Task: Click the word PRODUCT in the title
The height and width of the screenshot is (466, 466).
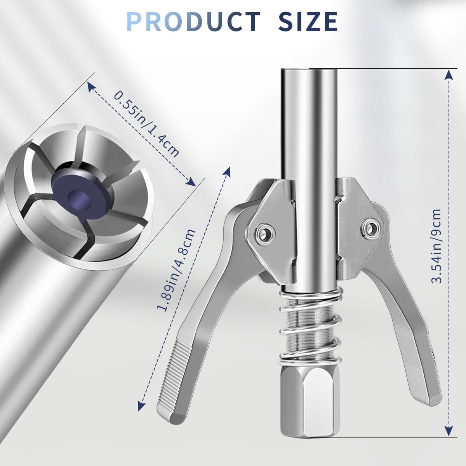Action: pyautogui.click(x=193, y=21)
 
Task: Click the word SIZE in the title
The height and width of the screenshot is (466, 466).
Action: pyautogui.click(x=308, y=21)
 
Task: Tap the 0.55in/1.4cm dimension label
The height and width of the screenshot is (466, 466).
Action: pyautogui.click(x=147, y=124)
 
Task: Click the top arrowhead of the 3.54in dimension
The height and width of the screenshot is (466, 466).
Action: pyautogui.click(x=449, y=74)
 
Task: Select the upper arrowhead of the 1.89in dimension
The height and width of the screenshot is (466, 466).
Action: pyautogui.click(x=228, y=171)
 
